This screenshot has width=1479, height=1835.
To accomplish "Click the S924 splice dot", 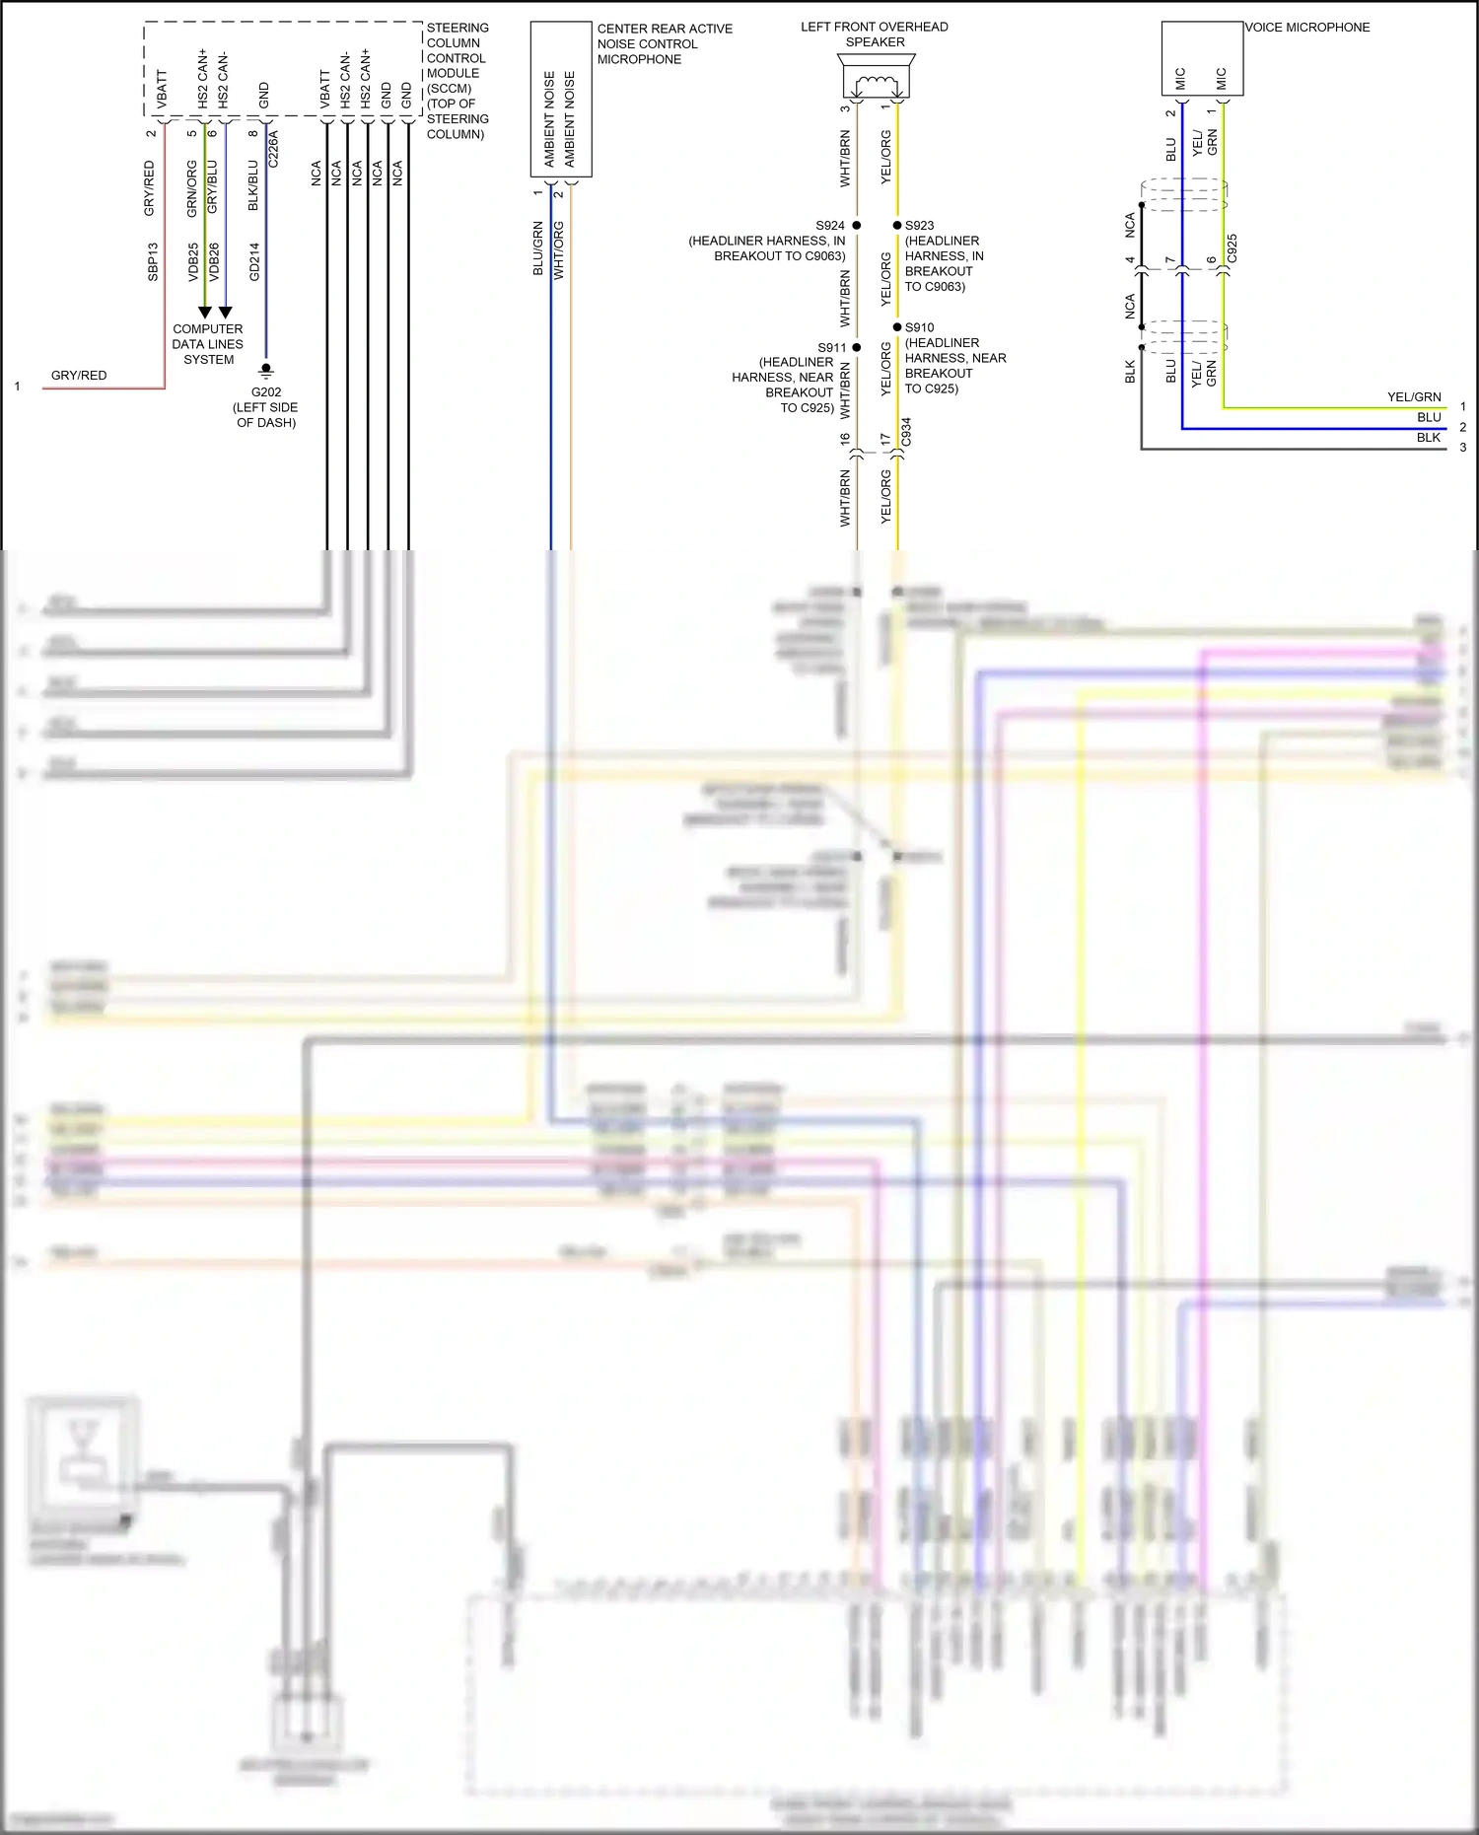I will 856,226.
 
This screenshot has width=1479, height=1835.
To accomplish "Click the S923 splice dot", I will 897,226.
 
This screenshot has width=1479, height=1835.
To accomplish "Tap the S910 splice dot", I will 897,327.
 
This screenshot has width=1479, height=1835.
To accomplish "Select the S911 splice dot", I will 856,347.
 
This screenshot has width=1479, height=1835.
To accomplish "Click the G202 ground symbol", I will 265,372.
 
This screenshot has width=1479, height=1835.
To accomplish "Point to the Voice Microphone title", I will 1306,28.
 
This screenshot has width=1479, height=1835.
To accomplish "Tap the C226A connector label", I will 273,148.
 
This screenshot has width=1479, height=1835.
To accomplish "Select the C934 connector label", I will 906,432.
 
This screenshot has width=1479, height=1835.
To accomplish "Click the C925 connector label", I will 1232,247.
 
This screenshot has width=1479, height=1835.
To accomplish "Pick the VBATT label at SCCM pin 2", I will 162,89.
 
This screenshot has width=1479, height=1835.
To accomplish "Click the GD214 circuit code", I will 254,261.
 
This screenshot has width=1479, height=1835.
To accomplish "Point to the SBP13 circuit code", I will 153,261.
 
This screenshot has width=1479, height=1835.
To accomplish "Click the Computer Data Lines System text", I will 208,344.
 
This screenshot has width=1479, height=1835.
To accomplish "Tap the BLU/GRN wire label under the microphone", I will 538,247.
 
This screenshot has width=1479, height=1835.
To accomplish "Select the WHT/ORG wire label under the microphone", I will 559,249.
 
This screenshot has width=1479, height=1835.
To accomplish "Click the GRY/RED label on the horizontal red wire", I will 79,376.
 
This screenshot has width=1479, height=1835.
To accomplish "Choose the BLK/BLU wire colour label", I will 253,185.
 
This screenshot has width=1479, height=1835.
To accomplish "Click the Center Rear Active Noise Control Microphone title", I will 665,43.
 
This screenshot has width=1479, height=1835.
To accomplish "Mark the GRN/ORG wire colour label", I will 192,188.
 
